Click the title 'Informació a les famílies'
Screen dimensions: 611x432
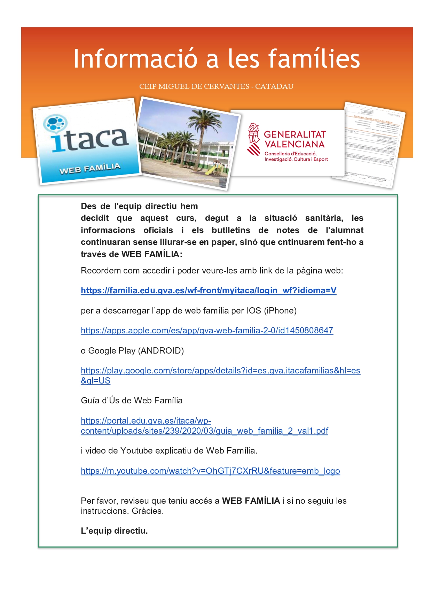coord(216,59)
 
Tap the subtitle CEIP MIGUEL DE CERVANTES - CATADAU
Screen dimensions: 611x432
coord(216,86)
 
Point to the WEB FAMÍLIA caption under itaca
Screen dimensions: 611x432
coord(90,168)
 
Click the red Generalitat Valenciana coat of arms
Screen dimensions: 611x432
coord(254,139)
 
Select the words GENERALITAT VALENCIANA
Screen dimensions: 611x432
coord(294,139)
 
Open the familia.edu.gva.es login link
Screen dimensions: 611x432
coord(209,291)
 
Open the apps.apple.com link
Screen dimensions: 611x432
coord(207,331)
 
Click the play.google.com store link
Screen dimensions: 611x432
coord(220,371)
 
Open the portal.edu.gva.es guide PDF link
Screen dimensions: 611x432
coord(204,431)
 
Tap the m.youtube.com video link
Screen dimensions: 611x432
coord(210,471)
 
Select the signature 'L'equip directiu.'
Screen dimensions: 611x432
coord(114,531)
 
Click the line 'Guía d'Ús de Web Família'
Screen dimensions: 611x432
coord(132,401)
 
